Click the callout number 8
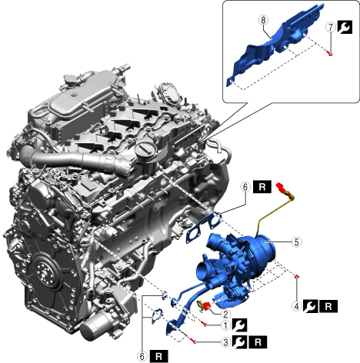[264, 20]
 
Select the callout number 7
[331, 27]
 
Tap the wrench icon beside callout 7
[345, 27]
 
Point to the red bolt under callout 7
[330, 53]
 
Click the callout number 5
[296, 241]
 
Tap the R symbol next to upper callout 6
[262, 187]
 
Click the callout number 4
[297, 306]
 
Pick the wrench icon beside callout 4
[310, 306]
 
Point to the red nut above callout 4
[297, 276]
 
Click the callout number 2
[225, 314]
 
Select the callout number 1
[225, 325]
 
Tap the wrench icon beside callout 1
[239, 325]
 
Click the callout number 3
[225, 342]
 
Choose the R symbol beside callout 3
[258, 342]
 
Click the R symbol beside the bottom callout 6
[158, 356]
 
